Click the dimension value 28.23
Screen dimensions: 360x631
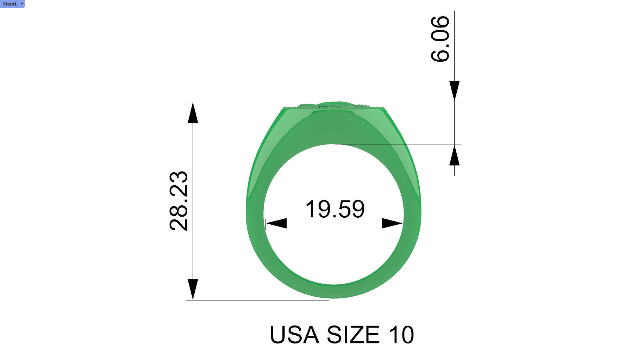(179, 201)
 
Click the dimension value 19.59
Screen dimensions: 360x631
(335, 209)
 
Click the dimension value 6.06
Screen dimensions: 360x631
(440, 39)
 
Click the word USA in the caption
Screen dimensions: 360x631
(294, 335)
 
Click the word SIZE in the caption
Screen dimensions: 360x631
(353, 335)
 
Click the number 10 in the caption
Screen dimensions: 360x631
(401, 335)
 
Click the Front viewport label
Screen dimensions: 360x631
(10, 4)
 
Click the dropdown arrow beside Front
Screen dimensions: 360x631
(22, 4)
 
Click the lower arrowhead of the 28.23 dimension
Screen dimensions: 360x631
(193, 290)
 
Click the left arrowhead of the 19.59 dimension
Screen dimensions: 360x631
(276, 223)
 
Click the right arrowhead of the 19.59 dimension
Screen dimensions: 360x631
(392, 223)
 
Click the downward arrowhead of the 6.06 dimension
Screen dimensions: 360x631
(454, 91)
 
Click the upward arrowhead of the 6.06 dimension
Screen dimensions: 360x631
(454, 155)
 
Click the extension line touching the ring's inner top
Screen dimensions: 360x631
(398, 144)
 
